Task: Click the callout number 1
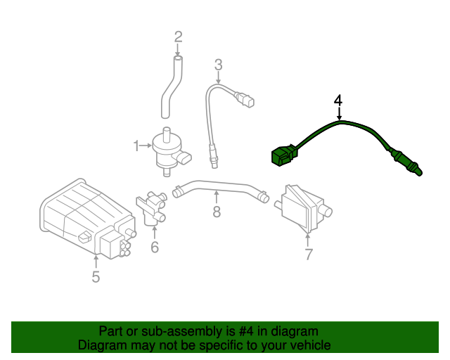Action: (136, 146)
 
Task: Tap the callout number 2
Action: (178, 37)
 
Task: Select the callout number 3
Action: (219, 65)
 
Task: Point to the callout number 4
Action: (338, 100)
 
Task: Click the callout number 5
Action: (96, 277)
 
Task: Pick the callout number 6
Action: (155, 247)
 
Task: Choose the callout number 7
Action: (308, 255)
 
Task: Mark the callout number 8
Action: (217, 211)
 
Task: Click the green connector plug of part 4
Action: (283, 155)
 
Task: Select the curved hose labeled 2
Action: (172, 88)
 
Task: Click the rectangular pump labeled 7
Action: (301, 206)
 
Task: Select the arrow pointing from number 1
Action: (147, 146)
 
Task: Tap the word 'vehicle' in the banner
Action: (309, 345)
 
